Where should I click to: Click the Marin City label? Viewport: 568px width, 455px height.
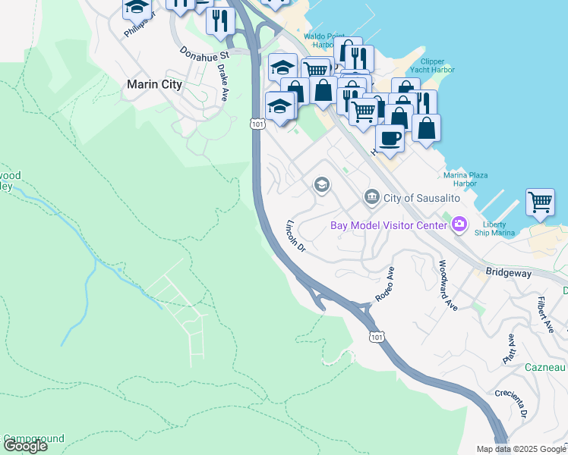coord(155,84)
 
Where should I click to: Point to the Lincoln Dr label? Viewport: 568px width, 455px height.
coord(295,236)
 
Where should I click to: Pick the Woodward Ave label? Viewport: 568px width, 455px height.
coord(448,285)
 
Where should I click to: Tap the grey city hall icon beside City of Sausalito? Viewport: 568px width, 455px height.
coord(371,197)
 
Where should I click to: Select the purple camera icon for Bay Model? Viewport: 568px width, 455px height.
coord(459,224)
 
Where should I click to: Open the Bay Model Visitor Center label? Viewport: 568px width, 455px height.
coord(388,225)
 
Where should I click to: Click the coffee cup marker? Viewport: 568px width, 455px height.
coord(390,139)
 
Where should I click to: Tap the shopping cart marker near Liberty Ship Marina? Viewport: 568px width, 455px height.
coord(540,203)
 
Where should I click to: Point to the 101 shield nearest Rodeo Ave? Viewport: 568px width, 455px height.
coord(376,335)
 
